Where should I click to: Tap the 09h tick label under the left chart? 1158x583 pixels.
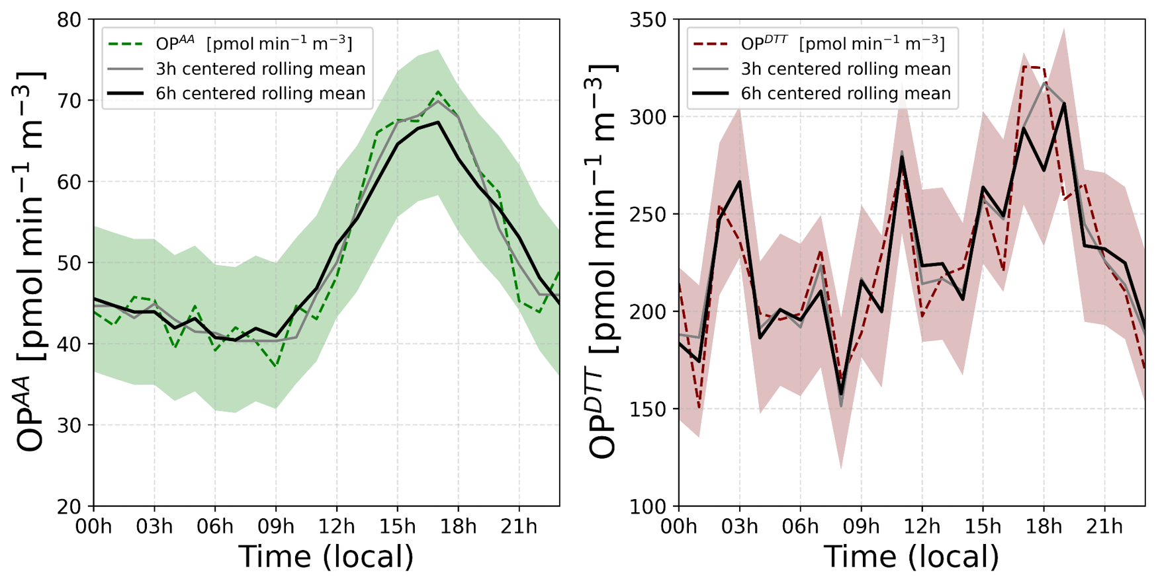pyautogui.click(x=276, y=527)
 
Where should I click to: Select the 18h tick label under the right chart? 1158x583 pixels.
pyautogui.click(x=1044, y=527)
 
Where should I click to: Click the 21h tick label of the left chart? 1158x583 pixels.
pyautogui.click(x=519, y=527)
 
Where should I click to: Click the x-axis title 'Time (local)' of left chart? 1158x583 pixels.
pyautogui.click(x=326, y=557)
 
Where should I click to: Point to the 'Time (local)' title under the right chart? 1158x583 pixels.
pyautogui.click(x=911, y=557)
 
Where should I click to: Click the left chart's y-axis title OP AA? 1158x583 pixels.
pyautogui.click(x=30, y=262)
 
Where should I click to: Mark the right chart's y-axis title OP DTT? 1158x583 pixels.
pyautogui.click(x=602, y=262)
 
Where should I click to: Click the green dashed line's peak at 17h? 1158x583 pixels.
pyautogui.click(x=438, y=92)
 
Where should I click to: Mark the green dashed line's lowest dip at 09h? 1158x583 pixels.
pyautogui.click(x=276, y=366)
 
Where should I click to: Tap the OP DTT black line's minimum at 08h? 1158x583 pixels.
pyautogui.click(x=841, y=395)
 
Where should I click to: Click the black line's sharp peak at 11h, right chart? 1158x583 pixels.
pyautogui.click(x=902, y=157)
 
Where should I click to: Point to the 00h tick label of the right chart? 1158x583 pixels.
pyautogui.click(x=680, y=527)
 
